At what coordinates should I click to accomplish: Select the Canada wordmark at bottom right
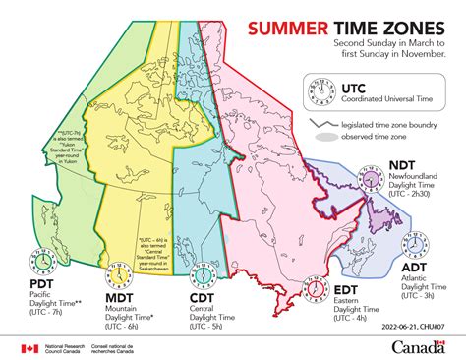422,345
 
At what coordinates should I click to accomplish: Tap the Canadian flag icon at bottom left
26,347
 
